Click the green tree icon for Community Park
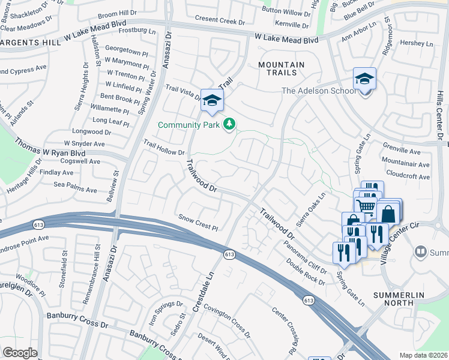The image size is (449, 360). point(229,124)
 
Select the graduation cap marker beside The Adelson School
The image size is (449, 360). point(364,79)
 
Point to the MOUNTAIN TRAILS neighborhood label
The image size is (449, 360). point(282,68)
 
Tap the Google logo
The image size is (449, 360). point(20,353)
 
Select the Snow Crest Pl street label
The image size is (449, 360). point(197,222)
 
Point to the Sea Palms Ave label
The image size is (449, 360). point(75,190)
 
